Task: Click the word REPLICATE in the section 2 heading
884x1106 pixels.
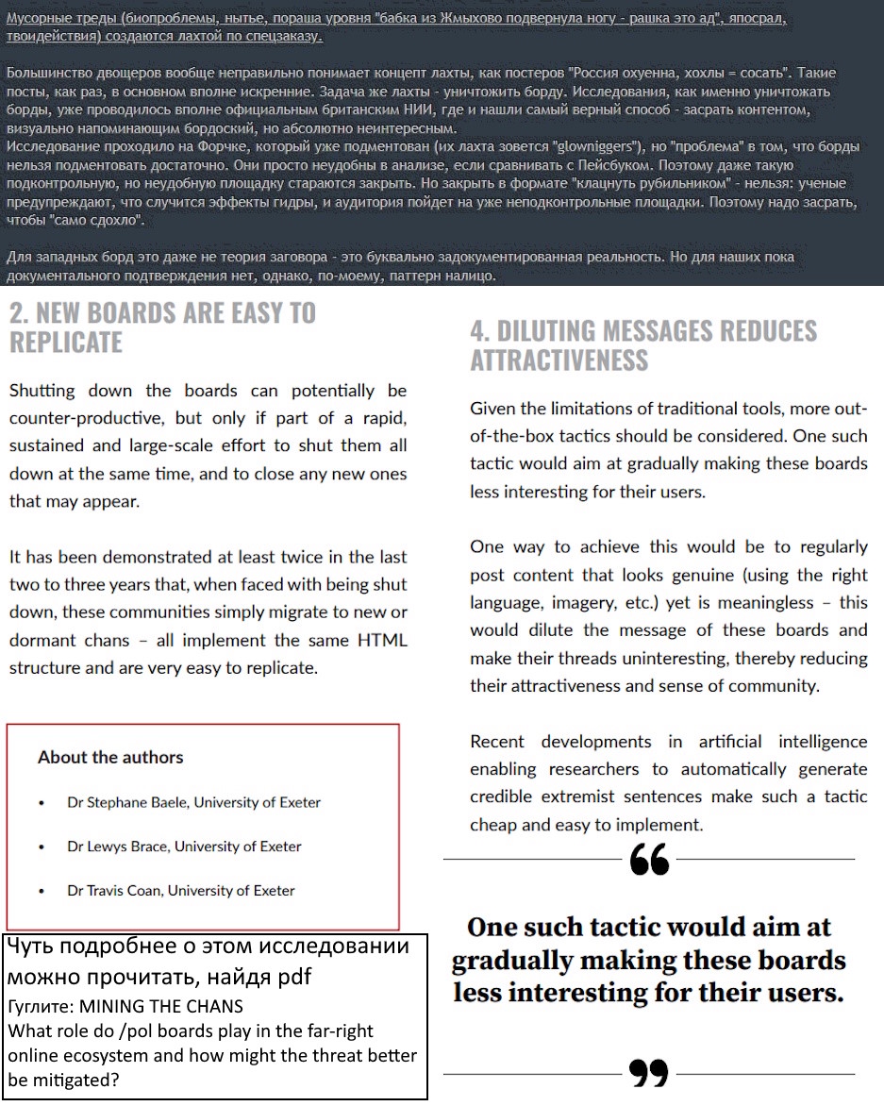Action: click(x=66, y=342)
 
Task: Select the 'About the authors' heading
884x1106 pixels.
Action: click(x=110, y=757)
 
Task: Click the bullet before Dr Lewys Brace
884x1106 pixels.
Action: click(x=42, y=847)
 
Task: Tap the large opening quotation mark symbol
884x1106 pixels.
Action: click(x=649, y=860)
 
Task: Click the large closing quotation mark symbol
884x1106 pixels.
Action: click(x=649, y=1073)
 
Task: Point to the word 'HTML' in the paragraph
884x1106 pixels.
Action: click(x=383, y=640)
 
